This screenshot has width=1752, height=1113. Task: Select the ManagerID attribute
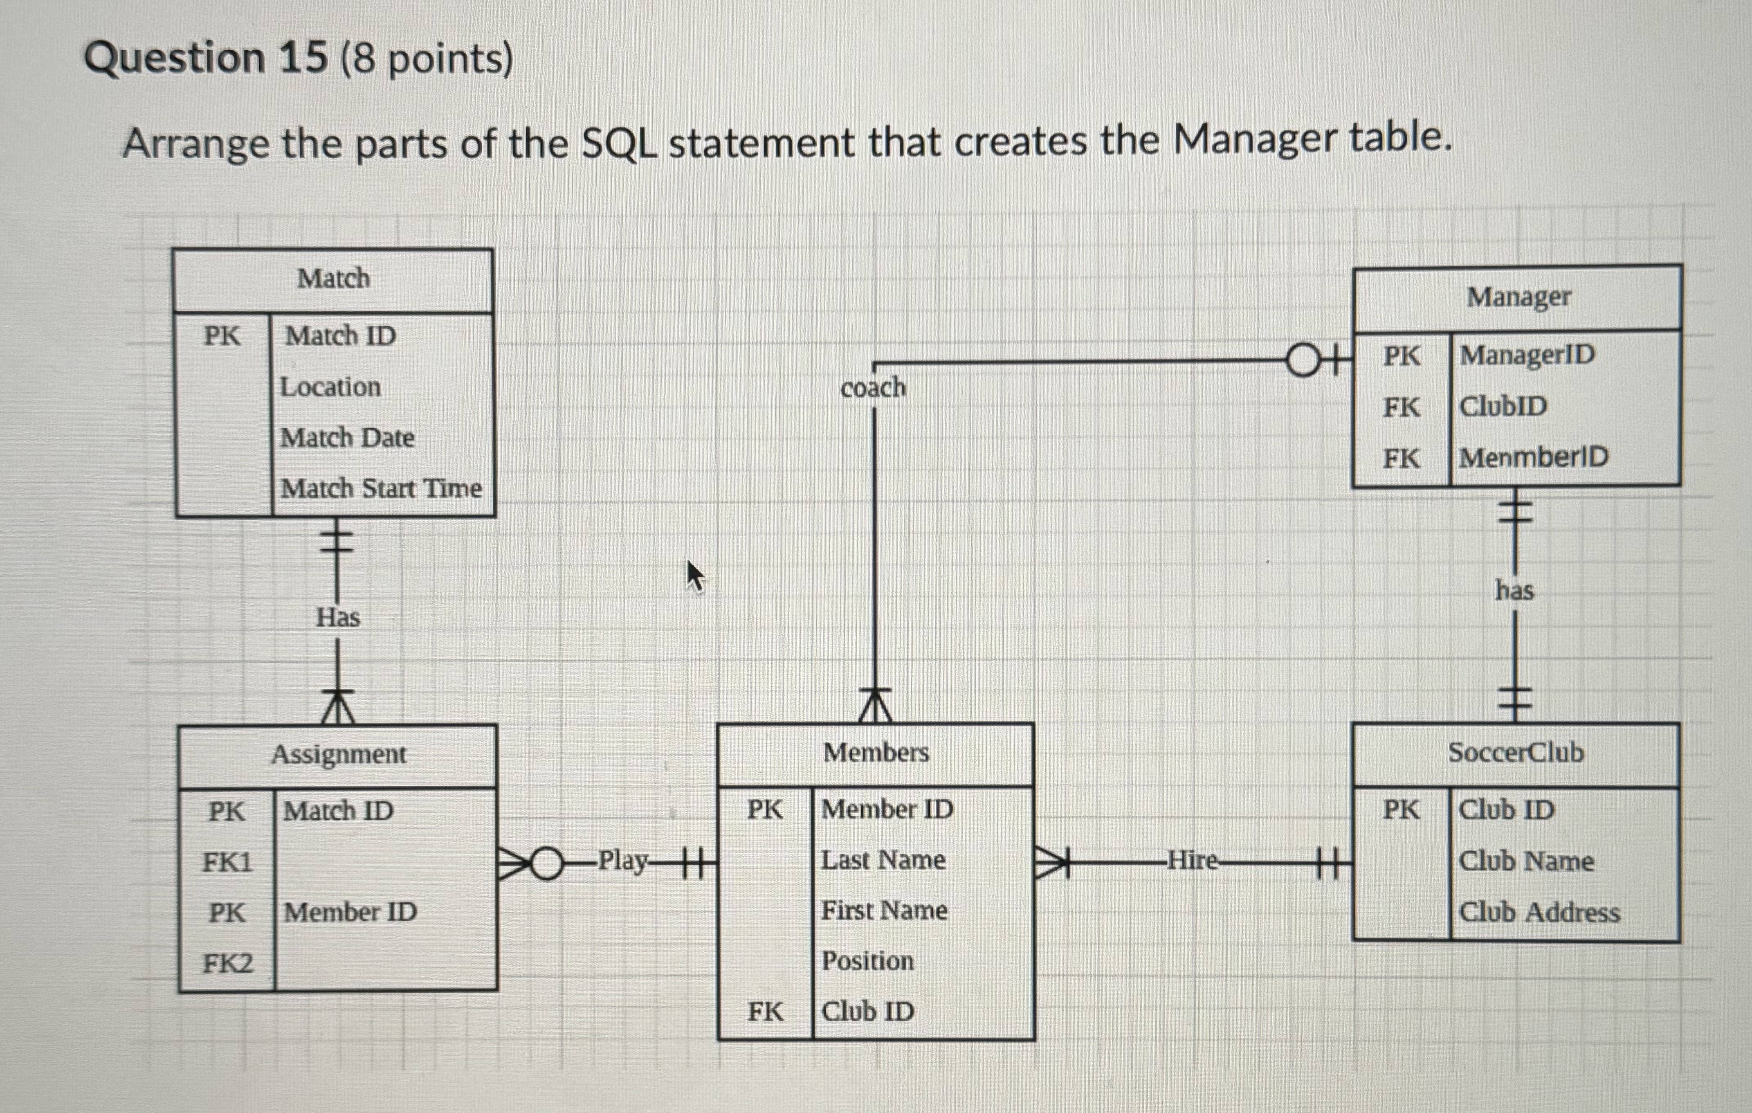[x=1526, y=355]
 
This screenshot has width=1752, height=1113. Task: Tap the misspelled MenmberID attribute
[x=1533, y=457]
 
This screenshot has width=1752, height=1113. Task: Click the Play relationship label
[x=622, y=860]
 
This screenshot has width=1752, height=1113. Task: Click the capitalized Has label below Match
[x=337, y=617]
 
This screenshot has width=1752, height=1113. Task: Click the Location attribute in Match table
[x=330, y=387]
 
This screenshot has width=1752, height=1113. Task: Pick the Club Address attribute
[x=1539, y=912]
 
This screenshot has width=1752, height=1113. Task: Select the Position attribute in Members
[x=867, y=961]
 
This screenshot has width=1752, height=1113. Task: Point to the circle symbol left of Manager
[x=1303, y=361]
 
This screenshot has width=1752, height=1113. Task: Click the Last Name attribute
[x=883, y=860]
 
